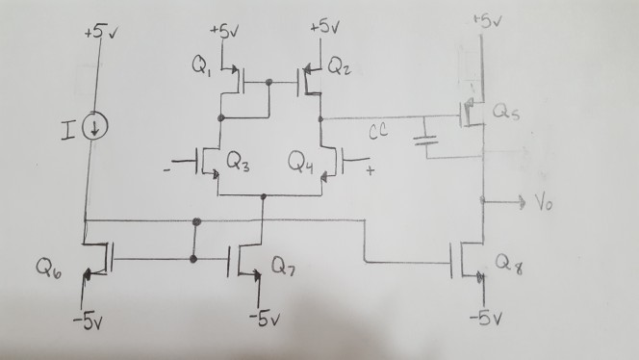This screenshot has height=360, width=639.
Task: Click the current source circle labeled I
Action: (x=94, y=128)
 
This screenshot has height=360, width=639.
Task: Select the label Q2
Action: (x=339, y=65)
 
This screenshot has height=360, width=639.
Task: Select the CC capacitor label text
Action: (x=379, y=136)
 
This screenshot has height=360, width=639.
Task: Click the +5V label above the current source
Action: (x=97, y=33)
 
